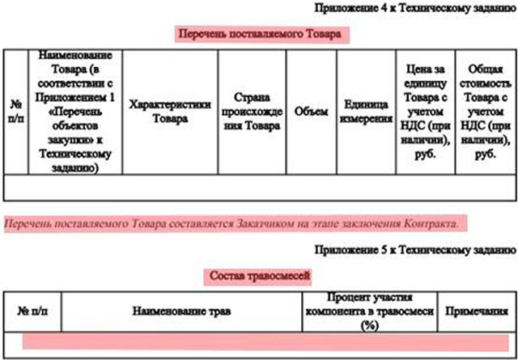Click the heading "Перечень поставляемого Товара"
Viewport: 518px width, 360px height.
[260, 34]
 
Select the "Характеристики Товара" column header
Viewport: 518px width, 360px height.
[170, 112]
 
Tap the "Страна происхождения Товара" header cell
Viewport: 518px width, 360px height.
[252, 112]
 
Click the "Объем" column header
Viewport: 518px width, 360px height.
[311, 112]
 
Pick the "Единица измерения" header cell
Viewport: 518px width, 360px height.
[366, 112]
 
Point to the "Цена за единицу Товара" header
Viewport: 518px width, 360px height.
[426, 112]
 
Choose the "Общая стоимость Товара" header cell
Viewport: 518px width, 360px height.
[486, 112]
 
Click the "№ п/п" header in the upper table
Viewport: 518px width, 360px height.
[16, 112]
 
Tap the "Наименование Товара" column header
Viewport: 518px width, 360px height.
[75, 112]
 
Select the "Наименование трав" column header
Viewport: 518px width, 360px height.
[181, 311]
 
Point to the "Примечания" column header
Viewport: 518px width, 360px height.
[477, 311]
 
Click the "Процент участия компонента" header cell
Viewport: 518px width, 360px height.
[370, 311]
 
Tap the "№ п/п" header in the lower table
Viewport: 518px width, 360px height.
[32, 311]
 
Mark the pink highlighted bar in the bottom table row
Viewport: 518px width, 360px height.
[265, 341]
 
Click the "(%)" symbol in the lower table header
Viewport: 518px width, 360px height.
[370, 326]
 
